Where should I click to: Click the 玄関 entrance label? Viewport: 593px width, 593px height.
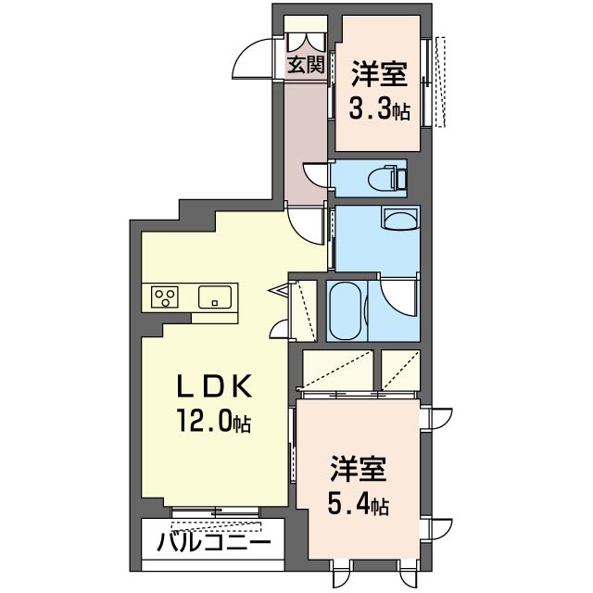306,65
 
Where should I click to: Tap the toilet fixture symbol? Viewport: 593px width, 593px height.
389,177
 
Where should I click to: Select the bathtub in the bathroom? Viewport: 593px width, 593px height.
345,311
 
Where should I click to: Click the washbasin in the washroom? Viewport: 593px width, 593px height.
400,220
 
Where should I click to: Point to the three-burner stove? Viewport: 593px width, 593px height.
165,296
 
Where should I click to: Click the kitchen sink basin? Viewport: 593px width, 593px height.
215,296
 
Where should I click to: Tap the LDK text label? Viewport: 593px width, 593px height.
214,386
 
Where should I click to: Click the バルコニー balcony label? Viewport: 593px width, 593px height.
214,543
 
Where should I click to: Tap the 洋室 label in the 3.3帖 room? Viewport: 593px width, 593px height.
379,74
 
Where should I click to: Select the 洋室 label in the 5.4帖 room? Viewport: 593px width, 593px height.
358,470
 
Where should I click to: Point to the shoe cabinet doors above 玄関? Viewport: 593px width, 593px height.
306,42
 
